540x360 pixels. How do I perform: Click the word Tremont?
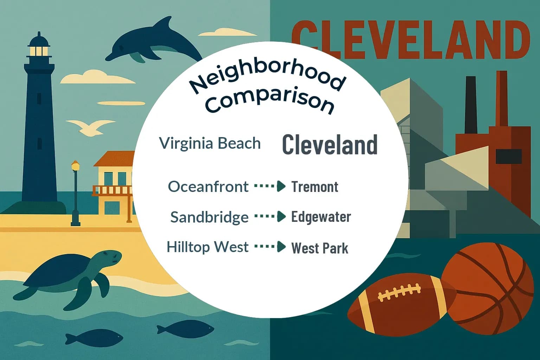pyautogui.click(x=315, y=187)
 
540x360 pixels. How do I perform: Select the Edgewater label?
pyautogui.click(x=321, y=217)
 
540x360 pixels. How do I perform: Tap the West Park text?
pyautogui.click(x=320, y=248)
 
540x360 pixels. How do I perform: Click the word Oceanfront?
pyautogui.click(x=208, y=186)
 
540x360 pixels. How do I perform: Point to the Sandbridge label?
pyautogui.click(x=209, y=217)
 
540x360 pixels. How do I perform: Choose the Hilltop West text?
pyautogui.click(x=207, y=247)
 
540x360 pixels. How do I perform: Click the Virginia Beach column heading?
pyautogui.click(x=210, y=143)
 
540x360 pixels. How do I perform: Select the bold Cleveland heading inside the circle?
pyautogui.click(x=330, y=144)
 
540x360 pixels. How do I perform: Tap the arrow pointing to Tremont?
pyautogui.click(x=270, y=186)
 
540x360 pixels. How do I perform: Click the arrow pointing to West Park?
pyautogui.click(x=270, y=247)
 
